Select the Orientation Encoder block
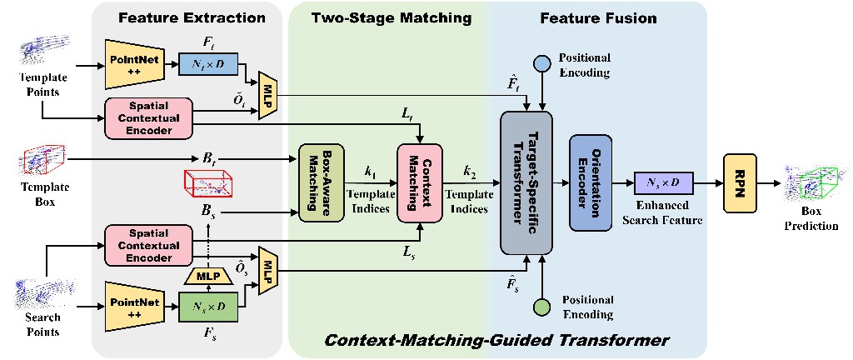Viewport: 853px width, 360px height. tap(591, 182)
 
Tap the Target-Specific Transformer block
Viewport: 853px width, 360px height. tap(526, 182)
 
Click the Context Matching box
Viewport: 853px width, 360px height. tap(420, 182)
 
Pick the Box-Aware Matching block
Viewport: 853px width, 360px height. tap(321, 182)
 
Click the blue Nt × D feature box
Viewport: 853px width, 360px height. tap(207, 65)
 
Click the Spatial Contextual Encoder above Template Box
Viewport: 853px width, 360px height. tap(148, 117)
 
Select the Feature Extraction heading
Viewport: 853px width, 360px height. tap(192, 18)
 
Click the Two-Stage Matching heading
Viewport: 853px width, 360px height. tap(391, 18)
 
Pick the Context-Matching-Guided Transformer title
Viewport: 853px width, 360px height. tap(496, 341)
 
